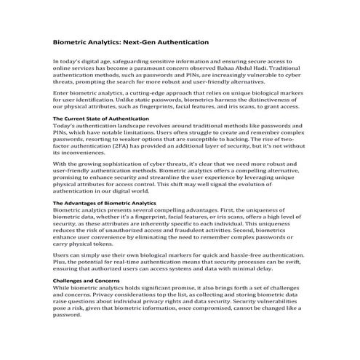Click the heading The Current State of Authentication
pos(101,118)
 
